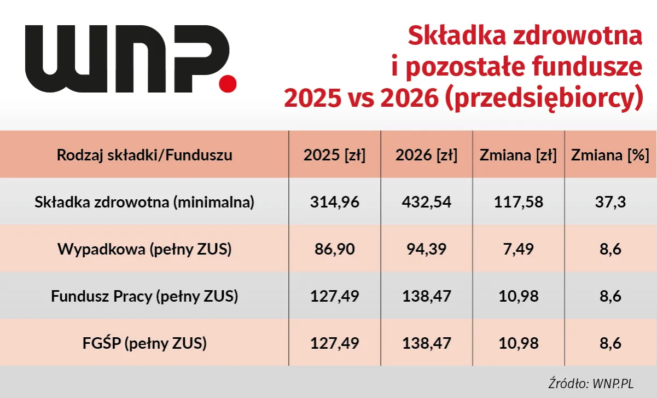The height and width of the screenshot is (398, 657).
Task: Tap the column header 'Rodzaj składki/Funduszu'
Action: tap(144, 155)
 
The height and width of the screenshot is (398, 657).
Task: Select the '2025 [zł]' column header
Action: tap(334, 155)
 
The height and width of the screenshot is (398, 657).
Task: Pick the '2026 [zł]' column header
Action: tap(426, 155)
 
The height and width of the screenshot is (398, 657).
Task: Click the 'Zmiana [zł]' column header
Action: tap(518, 155)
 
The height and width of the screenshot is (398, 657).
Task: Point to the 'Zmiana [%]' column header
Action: tap(610, 155)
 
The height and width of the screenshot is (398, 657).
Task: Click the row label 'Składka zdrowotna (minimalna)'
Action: tap(144, 202)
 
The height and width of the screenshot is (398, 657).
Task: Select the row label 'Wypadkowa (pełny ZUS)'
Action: tap(144, 249)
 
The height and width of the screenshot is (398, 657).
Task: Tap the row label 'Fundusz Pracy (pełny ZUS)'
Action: tap(144, 296)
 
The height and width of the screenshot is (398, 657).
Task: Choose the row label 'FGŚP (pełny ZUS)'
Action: tap(144, 343)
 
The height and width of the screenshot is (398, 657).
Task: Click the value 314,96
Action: tap(334, 202)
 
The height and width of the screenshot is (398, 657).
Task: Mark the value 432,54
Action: tap(426, 202)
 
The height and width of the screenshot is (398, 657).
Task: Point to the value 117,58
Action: tap(518, 202)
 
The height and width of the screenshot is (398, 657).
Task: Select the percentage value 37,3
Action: tap(610, 202)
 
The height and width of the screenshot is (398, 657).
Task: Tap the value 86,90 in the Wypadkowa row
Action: tap(334, 249)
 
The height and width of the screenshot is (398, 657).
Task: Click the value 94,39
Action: tap(426, 249)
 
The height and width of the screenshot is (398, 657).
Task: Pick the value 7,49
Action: tap(518, 249)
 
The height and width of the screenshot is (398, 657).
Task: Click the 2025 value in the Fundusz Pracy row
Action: tap(334, 296)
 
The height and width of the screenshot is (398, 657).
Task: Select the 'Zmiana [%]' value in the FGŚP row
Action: tap(610, 343)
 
